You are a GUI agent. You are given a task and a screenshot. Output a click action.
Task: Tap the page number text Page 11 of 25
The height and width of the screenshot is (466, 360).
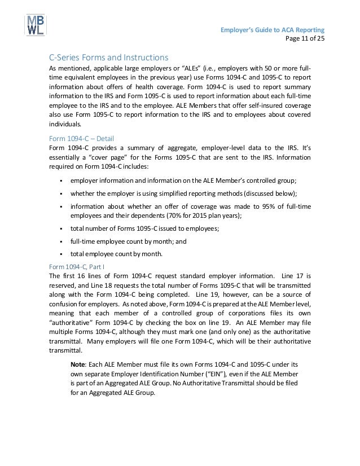305,38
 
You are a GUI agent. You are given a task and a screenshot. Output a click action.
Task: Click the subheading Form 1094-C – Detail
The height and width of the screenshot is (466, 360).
81,137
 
